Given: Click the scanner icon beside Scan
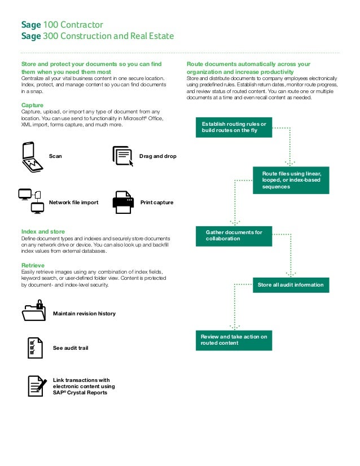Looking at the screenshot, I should [32, 157].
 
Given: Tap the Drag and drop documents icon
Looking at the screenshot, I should [122, 156].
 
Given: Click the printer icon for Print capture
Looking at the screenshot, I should [123, 202].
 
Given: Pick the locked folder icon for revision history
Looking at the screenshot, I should [33, 312].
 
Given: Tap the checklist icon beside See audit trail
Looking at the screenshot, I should [34, 348].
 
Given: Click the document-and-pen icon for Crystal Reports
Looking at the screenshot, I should [37, 386].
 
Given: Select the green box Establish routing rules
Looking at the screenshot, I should [234, 128].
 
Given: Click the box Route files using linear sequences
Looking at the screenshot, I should [291, 180].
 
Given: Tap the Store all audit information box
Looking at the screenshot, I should [290, 285].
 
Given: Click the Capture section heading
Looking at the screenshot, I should [33, 105].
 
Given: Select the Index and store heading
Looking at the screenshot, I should [43, 232].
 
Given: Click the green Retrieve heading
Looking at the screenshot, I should [33, 265].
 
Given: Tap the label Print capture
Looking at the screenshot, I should [156, 203].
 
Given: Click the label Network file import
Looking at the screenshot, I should [73, 203].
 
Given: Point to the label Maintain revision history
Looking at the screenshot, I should [84, 313].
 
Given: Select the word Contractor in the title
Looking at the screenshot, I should [82, 25].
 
